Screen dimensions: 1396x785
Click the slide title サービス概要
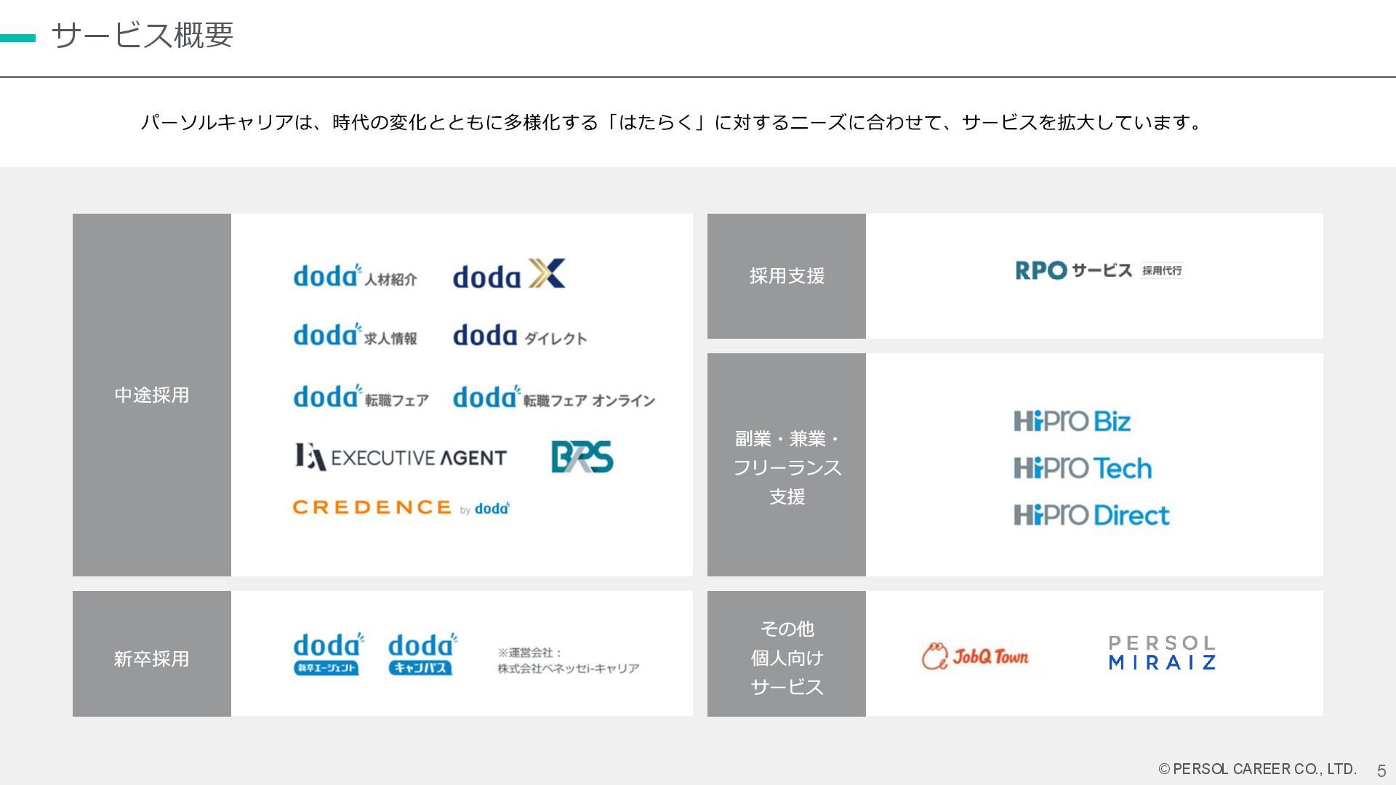pyautogui.click(x=143, y=35)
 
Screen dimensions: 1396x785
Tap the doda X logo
pyautogui.click(x=509, y=275)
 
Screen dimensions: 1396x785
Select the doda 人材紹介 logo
pyautogui.click(x=355, y=276)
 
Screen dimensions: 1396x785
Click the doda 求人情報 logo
pyautogui.click(x=355, y=335)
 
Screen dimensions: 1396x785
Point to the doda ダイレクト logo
pyautogui.click(x=520, y=336)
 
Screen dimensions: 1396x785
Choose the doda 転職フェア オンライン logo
pyautogui.click(x=553, y=398)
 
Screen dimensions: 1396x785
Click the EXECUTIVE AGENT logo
pyautogui.click(x=401, y=457)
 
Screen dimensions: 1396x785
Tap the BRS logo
pyautogui.click(x=582, y=457)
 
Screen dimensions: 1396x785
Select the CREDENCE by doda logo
pyautogui.click(x=401, y=507)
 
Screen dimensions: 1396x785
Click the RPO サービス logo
pyautogui.click(x=1099, y=270)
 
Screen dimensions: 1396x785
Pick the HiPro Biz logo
pyautogui.click(x=1072, y=422)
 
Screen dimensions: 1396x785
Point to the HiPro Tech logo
pyautogui.click(x=1083, y=468)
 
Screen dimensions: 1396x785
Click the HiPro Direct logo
pyautogui.click(x=1091, y=515)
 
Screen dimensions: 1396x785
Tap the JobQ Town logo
pyautogui.click(x=975, y=656)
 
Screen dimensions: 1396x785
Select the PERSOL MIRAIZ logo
pyautogui.click(x=1162, y=653)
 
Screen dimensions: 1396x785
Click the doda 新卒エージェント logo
pyautogui.click(x=328, y=653)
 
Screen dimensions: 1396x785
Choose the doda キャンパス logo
pyautogui.click(x=422, y=653)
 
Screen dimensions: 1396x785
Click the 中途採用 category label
pyautogui.click(x=151, y=395)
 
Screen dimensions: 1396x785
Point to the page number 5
pyautogui.click(x=1381, y=770)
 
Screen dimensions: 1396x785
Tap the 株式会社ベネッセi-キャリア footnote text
pyautogui.click(x=568, y=668)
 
